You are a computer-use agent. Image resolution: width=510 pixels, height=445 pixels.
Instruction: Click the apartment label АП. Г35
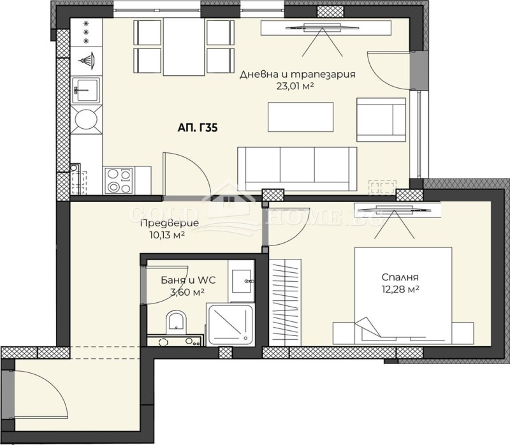[198, 128]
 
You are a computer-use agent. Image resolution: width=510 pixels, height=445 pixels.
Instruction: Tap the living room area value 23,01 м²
[296, 87]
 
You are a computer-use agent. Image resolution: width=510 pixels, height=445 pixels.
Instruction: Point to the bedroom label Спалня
[400, 277]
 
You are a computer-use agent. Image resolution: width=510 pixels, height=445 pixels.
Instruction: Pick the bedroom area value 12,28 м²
[400, 290]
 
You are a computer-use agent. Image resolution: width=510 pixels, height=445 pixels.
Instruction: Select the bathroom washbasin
[242, 279]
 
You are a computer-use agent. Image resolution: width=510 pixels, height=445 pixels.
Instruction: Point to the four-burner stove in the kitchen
[117, 179]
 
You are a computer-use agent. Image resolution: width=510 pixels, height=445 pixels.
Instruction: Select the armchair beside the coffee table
[381, 119]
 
